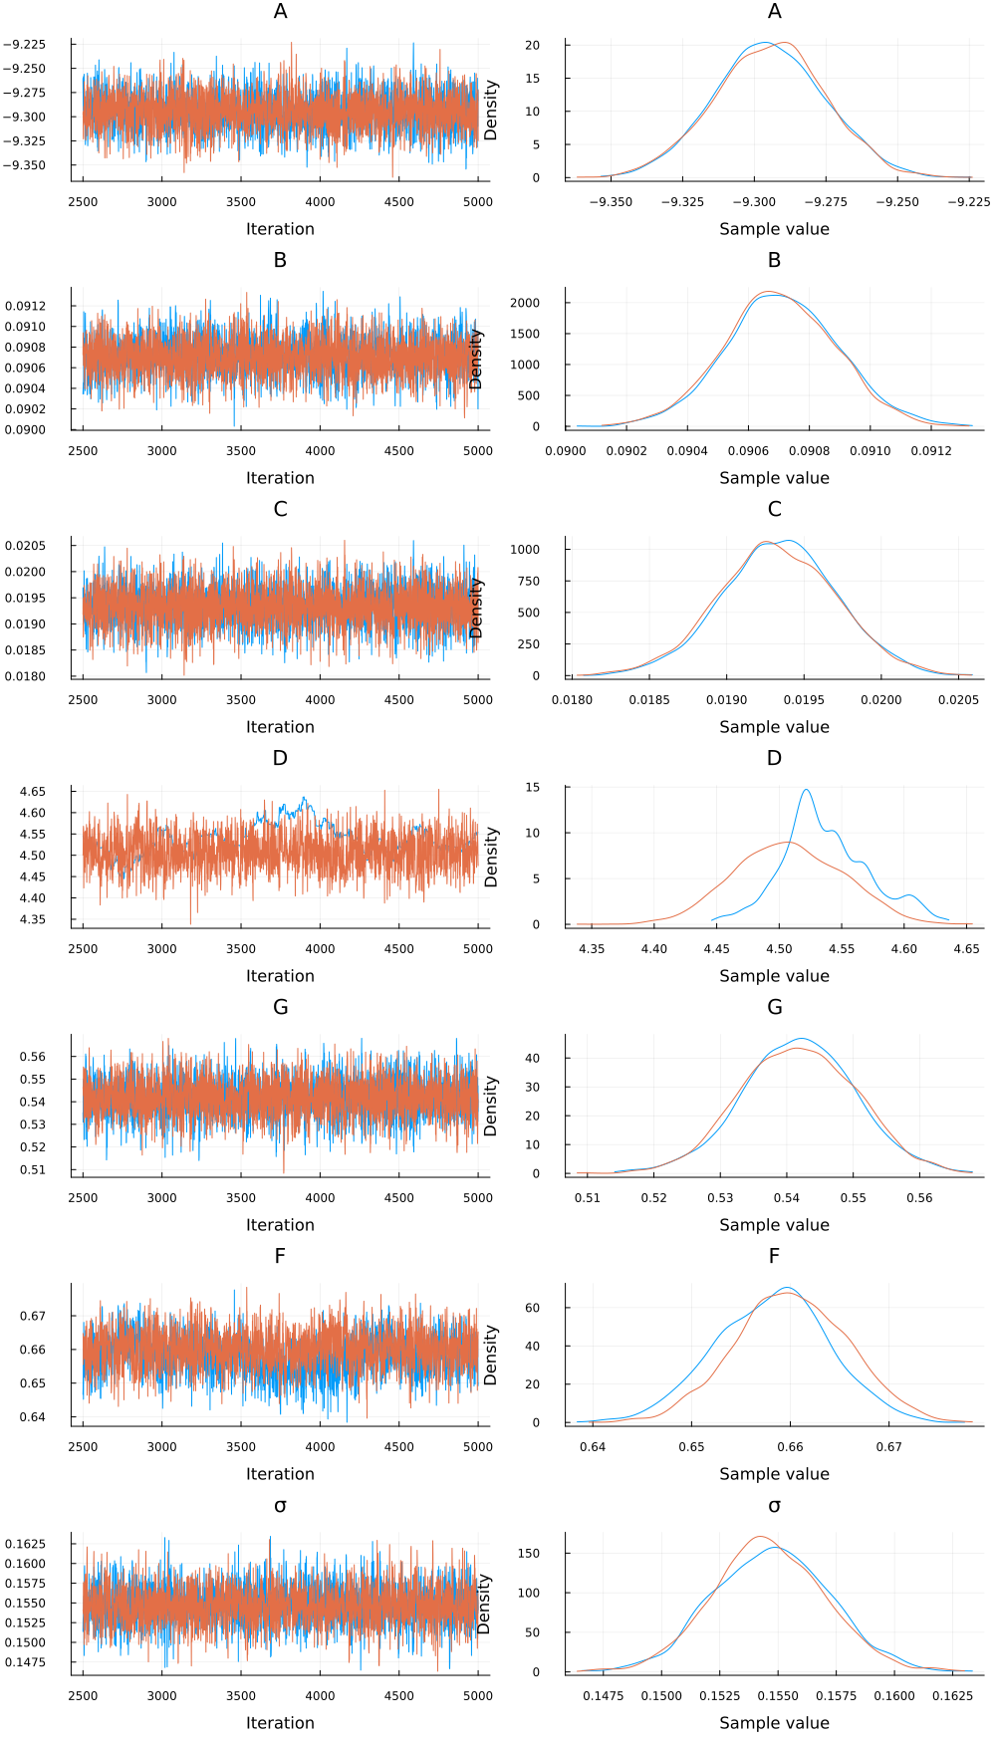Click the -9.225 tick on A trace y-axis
point(24,44)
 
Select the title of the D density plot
point(774,758)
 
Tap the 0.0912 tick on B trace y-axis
point(25,306)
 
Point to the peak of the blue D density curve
point(806,790)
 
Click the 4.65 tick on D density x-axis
point(966,948)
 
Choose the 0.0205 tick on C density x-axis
point(958,699)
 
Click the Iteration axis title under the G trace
point(280,1225)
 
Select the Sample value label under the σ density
point(774,1723)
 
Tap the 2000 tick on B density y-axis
point(525,303)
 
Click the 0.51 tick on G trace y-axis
point(32,1169)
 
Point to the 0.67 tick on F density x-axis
point(888,1446)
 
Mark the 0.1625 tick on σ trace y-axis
point(25,1544)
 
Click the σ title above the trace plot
point(280,1505)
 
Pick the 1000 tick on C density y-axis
point(525,550)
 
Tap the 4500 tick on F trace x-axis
point(398,1446)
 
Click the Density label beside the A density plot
point(490,111)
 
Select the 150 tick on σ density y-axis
point(529,1553)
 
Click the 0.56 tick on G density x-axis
point(919,1197)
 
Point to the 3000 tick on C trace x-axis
point(161,699)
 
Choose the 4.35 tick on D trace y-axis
point(32,919)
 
